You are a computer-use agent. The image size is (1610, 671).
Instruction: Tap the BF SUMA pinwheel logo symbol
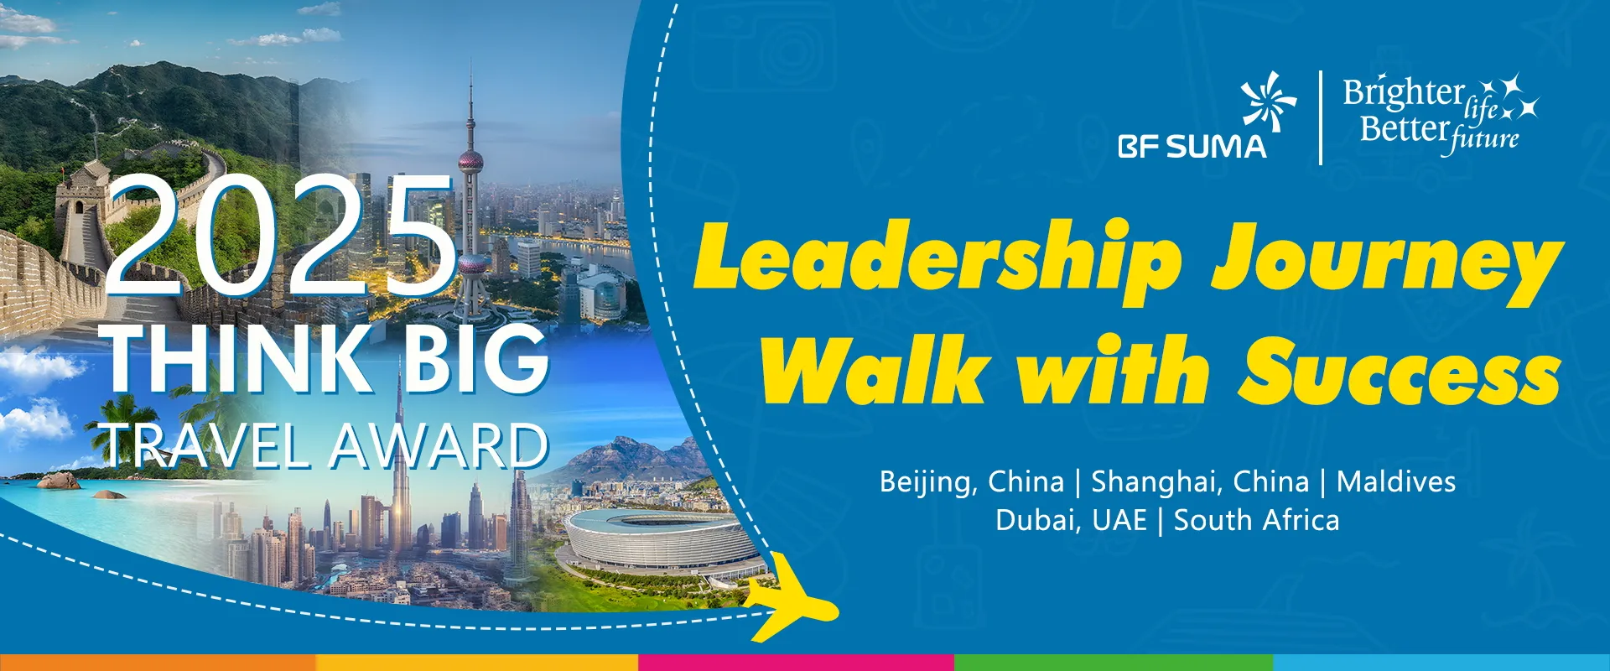pyautogui.click(x=1268, y=102)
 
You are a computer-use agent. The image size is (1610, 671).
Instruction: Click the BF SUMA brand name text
pyautogui.click(x=1192, y=147)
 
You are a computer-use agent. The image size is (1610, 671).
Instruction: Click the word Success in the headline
pyautogui.click(x=1400, y=369)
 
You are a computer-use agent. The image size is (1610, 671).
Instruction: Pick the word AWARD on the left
pyautogui.click(x=438, y=446)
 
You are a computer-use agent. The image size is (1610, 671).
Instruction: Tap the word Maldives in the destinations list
pyautogui.click(x=1396, y=481)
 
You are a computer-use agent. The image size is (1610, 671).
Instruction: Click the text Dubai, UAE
pyautogui.click(x=1071, y=520)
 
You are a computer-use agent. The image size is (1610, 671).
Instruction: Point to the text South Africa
pyautogui.click(x=1256, y=520)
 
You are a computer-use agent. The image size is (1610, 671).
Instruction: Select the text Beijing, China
pyautogui.click(x=971, y=482)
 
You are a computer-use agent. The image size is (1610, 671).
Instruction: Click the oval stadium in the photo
pyautogui.click(x=663, y=538)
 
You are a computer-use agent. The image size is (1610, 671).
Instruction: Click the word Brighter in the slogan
pyautogui.click(x=1404, y=92)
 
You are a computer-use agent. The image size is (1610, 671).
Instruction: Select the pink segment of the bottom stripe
pyautogui.click(x=796, y=663)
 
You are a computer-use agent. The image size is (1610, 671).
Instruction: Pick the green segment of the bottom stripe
pyautogui.click(x=1114, y=663)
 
